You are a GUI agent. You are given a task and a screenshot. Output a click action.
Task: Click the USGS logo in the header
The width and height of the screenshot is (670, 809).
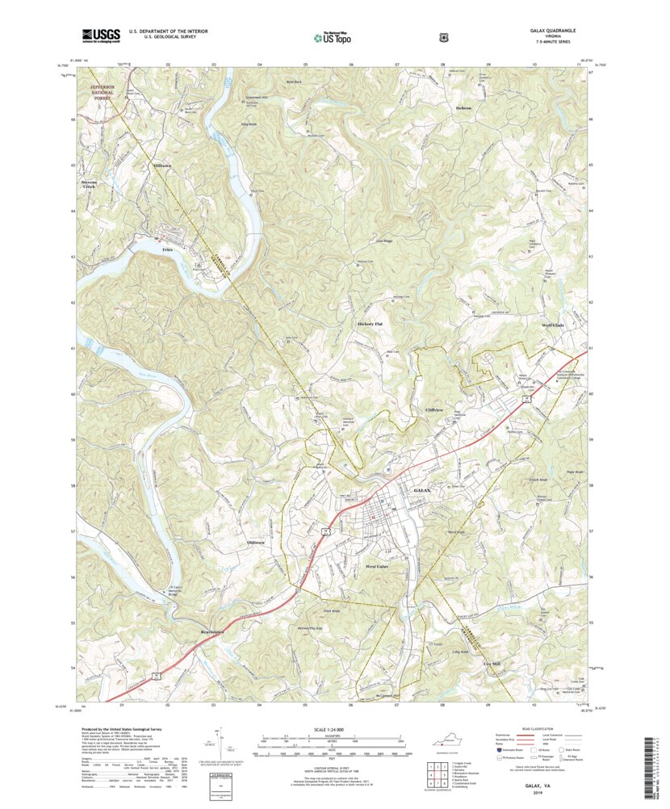99,35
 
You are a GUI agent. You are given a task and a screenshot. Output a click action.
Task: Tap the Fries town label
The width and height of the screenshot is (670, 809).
168,250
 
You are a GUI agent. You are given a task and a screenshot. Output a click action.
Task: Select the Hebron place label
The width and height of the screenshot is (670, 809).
463,108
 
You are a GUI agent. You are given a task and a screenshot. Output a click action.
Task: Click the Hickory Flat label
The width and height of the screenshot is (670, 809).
370,324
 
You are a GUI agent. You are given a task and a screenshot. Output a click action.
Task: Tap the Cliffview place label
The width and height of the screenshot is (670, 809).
434,410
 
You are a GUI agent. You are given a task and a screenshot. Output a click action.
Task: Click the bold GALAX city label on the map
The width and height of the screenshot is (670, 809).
423,490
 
